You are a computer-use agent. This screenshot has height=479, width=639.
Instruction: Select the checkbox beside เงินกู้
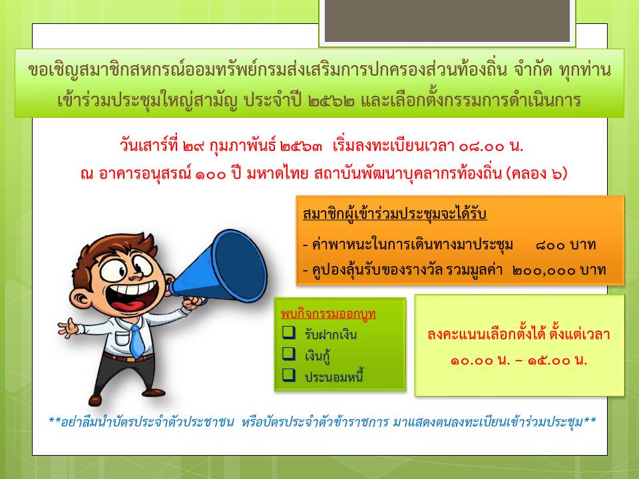click(288, 353)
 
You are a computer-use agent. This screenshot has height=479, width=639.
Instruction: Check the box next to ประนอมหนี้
click(288, 375)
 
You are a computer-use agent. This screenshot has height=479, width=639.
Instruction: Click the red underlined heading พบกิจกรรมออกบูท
click(328, 313)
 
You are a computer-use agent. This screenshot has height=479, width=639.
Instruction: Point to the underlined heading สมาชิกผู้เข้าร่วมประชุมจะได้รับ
click(395, 214)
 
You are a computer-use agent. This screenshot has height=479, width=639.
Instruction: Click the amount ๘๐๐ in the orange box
click(550, 245)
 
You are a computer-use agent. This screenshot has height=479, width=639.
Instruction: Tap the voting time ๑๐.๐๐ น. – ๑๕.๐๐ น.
click(519, 361)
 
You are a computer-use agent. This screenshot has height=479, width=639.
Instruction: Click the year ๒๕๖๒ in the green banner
click(331, 100)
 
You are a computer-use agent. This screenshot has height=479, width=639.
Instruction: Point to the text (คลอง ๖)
click(536, 174)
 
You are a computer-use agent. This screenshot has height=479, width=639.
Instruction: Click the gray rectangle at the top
click(447, 21)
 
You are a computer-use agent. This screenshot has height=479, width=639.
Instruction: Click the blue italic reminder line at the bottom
click(322, 422)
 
